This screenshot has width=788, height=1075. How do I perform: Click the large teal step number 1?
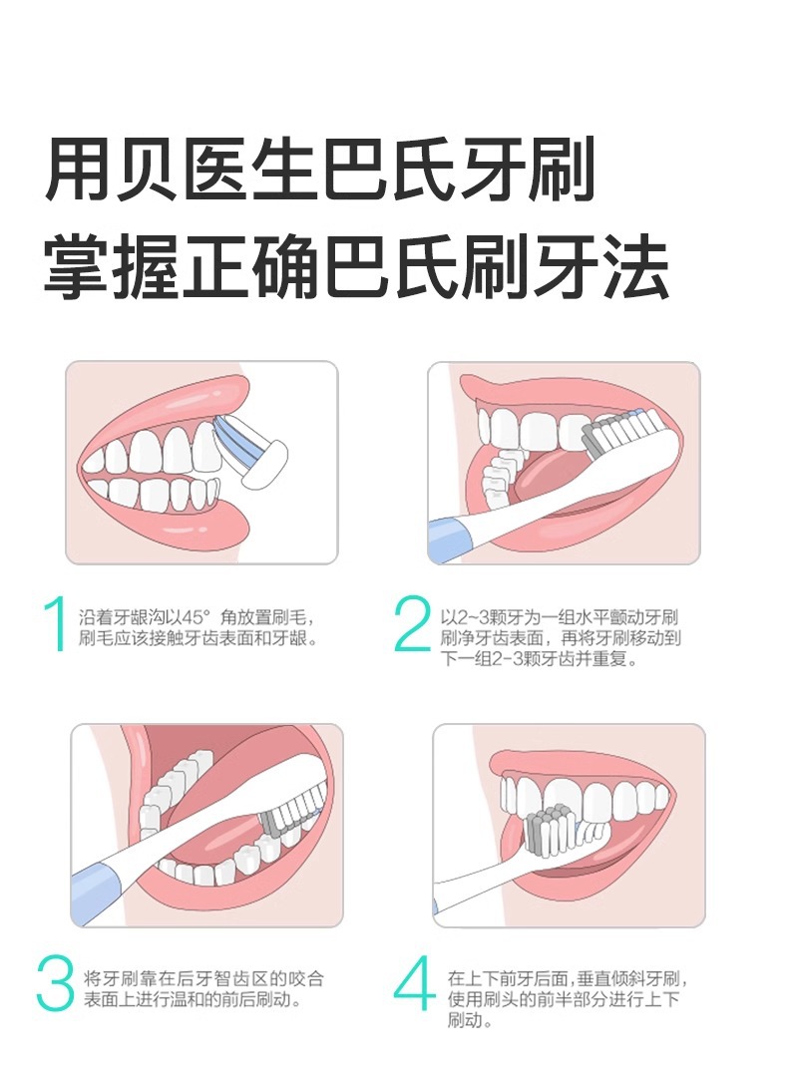coord(54,623)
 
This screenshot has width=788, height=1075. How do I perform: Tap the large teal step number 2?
coord(412,623)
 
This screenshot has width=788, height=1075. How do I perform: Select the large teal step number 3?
coord(55,983)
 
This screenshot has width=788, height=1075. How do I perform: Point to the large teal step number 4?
coord(414,983)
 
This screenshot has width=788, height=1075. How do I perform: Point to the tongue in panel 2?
coord(549,480)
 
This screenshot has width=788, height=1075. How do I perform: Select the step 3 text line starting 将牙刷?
coord(203,978)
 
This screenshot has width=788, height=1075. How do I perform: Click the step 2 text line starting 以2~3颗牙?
coord(559,617)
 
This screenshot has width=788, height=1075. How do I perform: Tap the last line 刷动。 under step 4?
coord(470,1019)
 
